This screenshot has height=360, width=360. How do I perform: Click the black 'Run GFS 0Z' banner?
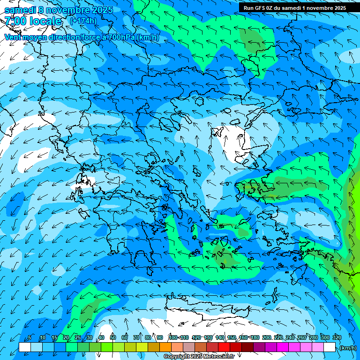click(x=294, y=8)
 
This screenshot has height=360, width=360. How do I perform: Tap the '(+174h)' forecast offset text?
click(x=83, y=21)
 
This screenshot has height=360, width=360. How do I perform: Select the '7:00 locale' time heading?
click(x=33, y=21)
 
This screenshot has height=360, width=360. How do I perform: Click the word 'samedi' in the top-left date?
click(x=19, y=9)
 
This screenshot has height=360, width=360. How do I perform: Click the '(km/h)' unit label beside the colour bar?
click(x=348, y=348)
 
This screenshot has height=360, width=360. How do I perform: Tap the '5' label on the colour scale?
click(x=29, y=337)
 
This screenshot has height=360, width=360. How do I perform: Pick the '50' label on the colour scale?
click(x=113, y=337)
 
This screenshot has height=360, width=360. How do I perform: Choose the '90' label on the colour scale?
click(x=160, y=337)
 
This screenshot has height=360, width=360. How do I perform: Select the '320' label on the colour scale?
click(x=337, y=337)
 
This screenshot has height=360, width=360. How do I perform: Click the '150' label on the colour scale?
click(x=231, y=337)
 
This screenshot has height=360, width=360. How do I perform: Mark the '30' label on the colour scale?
click(x=89, y=337)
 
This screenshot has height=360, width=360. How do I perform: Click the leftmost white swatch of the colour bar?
click(x=25, y=347)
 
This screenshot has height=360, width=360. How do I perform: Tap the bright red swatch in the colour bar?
click(x=224, y=347)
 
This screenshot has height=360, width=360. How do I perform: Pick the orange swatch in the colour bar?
click(x=165, y=347)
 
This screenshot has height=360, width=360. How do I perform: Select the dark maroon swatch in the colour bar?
click(x=247, y=347)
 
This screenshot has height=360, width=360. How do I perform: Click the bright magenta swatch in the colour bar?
click(x=283, y=347)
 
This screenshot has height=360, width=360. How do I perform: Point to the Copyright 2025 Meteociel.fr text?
click(x=199, y=357)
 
